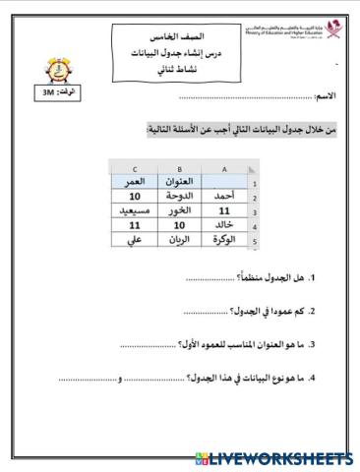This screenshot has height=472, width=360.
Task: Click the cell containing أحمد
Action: [x=222, y=196]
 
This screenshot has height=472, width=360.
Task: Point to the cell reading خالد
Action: [x=222, y=225]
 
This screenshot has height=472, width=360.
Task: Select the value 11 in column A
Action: [x=222, y=210]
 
